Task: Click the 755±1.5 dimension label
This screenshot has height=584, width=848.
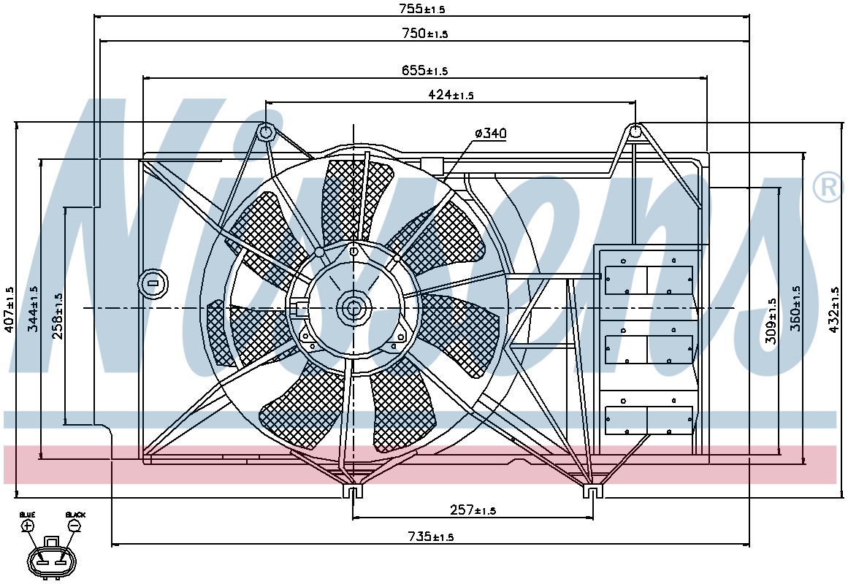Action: coord(422,9)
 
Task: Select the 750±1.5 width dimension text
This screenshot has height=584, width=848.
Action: coord(425,34)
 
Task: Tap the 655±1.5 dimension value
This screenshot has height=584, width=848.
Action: coord(425,70)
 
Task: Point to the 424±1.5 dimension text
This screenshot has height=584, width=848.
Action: coord(451,95)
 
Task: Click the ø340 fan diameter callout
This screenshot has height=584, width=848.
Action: coord(491,133)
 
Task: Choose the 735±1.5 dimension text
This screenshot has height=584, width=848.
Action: coord(430,537)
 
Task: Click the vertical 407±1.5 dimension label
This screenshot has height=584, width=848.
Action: coord(9,310)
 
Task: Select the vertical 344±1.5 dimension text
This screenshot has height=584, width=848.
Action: coord(33,310)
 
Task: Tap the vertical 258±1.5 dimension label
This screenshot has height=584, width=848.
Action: coord(57,316)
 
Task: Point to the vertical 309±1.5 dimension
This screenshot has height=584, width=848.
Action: coord(771,321)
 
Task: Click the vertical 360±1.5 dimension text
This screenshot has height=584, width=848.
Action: coord(795,309)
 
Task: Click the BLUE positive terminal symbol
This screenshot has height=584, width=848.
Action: coord(28,526)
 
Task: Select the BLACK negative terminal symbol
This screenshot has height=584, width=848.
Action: coord(75,526)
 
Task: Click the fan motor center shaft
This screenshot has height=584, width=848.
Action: coord(353,308)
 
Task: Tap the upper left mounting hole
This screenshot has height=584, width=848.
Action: coord(266,131)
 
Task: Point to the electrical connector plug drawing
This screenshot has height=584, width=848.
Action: coord(52,558)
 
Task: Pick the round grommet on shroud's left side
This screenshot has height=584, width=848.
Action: coord(153,283)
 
